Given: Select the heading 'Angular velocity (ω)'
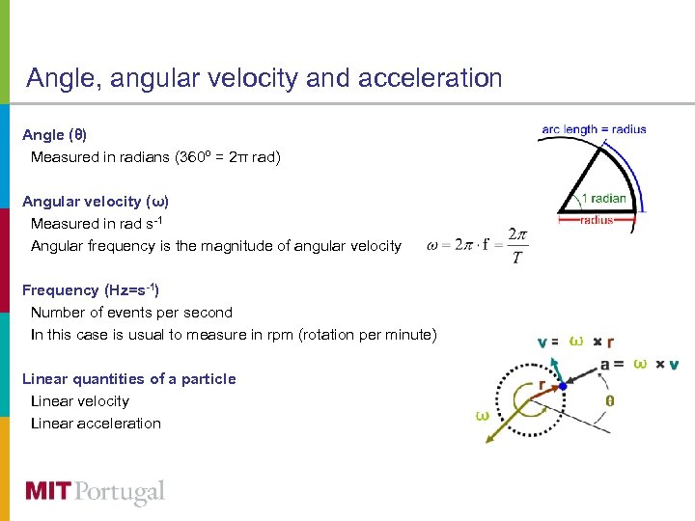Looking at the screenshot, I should [96, 202].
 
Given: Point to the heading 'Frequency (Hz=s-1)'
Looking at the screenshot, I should [90, 289].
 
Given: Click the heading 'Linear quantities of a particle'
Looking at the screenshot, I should [128, 378].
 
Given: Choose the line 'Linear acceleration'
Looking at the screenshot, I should [96, 423].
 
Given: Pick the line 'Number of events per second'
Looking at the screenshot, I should [131, 312].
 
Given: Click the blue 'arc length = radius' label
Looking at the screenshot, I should [594, 129].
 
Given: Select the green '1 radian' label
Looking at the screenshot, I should [604, 199].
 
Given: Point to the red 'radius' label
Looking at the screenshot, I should [597, 220].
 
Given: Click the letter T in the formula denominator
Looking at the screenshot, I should [518, 258].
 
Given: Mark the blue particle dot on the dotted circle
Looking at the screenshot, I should [563, 386].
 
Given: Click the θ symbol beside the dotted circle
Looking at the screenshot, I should [609, 400].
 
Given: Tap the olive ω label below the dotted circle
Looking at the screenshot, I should [481, 415].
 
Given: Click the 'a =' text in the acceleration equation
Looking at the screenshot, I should [612, 364].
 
